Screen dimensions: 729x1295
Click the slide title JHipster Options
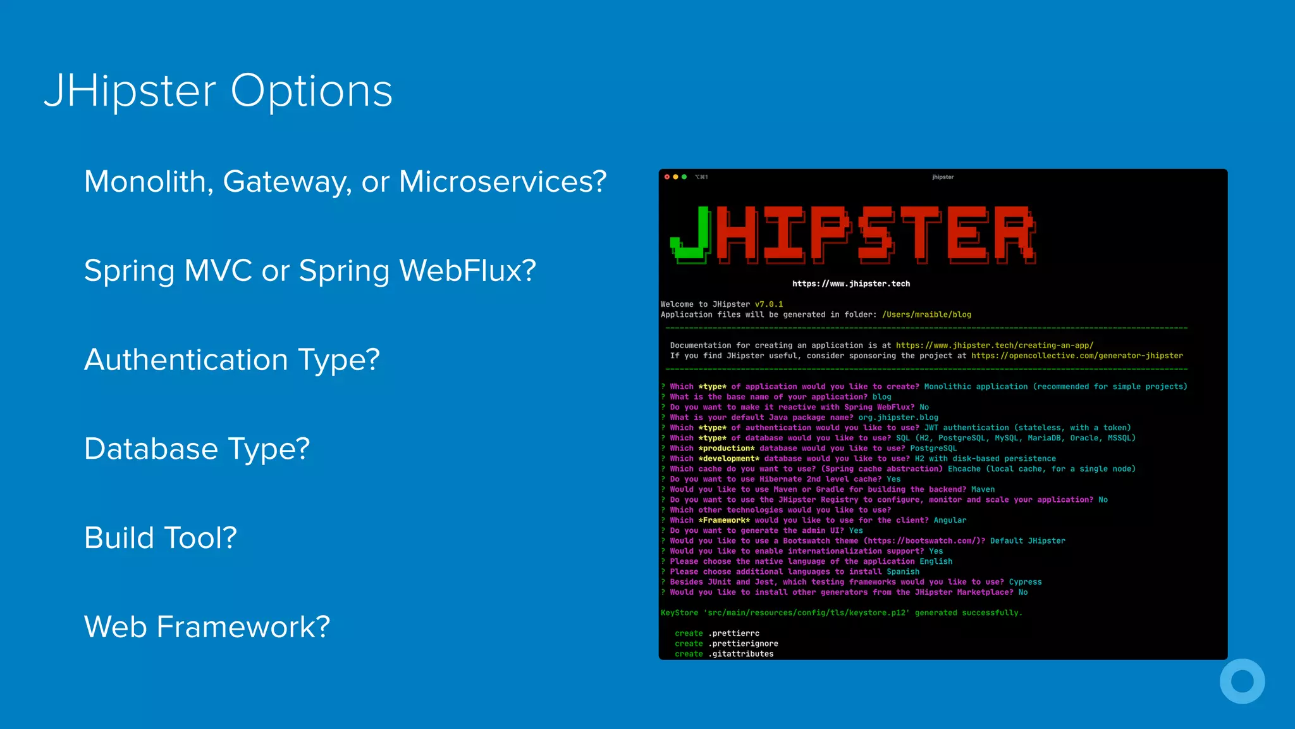point(218,91)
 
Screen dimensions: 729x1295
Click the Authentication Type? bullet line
point(232,360)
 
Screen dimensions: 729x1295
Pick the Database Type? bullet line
point(197,449)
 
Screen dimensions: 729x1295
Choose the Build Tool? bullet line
point(161,539)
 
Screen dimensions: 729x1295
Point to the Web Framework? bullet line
point(207,627)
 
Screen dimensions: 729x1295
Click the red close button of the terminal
point(666,177)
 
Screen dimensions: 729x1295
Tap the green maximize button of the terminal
point(684,177)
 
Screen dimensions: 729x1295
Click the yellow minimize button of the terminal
point(675,177)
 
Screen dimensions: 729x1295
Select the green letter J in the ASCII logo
point(690,234)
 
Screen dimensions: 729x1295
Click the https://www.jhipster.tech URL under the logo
point(851,283)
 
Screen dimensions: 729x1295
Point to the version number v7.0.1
point(769,304)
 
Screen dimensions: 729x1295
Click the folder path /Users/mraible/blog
point(926,315)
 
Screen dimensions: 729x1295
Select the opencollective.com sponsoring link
point(1077,356)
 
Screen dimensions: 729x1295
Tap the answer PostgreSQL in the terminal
point(933,448)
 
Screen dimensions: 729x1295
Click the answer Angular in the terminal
point(950,520)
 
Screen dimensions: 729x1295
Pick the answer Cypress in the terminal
point(1025,582)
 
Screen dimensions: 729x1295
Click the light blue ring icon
point(1242,682)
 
